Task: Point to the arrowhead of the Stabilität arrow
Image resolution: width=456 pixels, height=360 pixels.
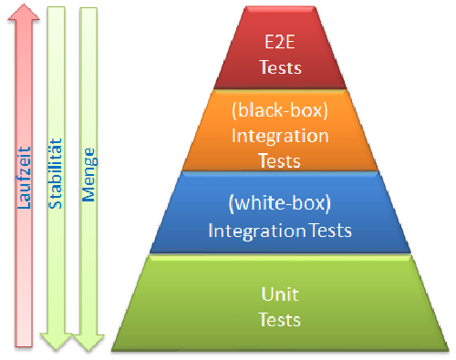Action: click(56, 339)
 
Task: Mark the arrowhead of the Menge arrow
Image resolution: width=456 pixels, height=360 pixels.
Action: click(88, 339)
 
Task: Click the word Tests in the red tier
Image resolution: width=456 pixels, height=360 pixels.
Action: click(280, 67)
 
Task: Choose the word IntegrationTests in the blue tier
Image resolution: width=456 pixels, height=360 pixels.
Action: click(279, 231)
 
